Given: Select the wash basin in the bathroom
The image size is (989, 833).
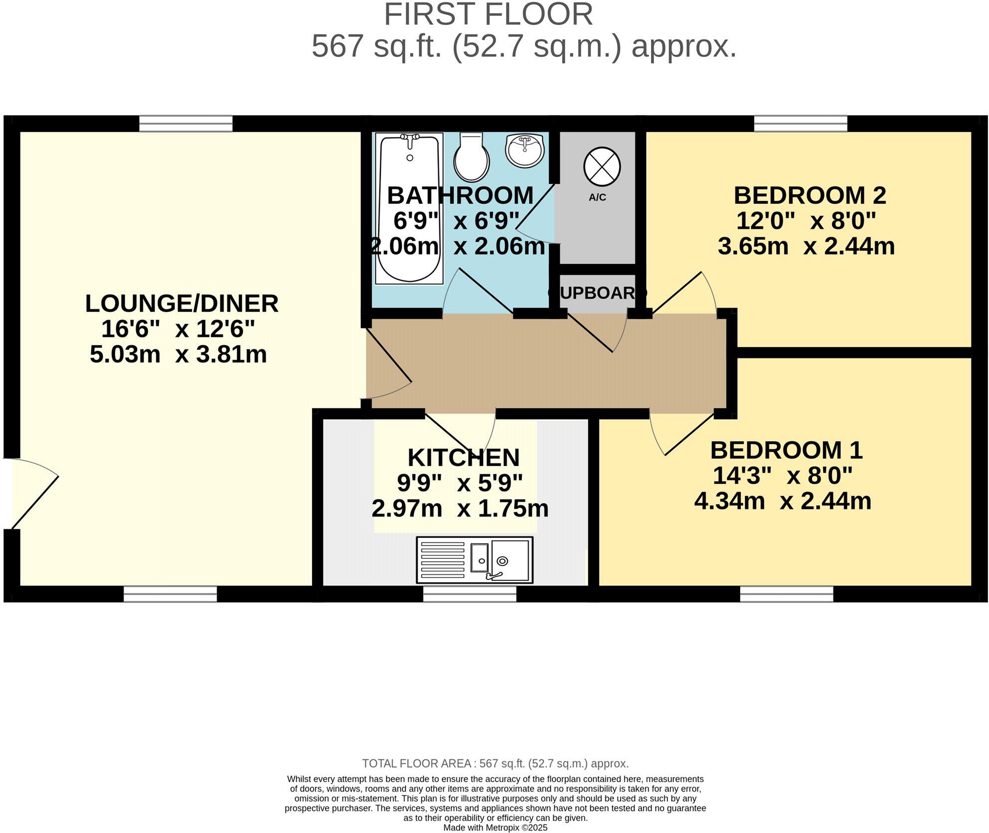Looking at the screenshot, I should [525, 150].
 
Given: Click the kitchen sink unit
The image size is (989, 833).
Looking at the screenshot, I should [475, 560].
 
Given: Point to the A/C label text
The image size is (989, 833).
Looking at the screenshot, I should [597, 197].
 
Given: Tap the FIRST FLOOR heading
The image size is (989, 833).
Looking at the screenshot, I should [488, 15].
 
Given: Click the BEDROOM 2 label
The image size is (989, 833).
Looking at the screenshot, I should [810, 195].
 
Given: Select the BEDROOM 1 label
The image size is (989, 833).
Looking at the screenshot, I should [786, 450].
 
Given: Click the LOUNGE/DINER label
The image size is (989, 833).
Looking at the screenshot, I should [181, 304].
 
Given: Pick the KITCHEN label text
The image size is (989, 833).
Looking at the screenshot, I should [463, 457].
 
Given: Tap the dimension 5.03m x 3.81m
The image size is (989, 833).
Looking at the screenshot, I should [178, 354].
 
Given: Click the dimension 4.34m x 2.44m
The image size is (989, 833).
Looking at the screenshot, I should [783, 501].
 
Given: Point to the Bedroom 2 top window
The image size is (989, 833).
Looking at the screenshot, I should [800, 123].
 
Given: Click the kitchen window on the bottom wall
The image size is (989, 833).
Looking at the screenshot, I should [470, 594].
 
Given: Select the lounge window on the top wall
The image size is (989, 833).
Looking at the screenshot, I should [185, 123].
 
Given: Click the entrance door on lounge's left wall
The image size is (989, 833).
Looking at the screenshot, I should [30, 494].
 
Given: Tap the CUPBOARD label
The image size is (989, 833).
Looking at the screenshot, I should [597, 293].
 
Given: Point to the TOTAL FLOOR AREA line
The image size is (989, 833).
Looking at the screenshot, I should [495, 764].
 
